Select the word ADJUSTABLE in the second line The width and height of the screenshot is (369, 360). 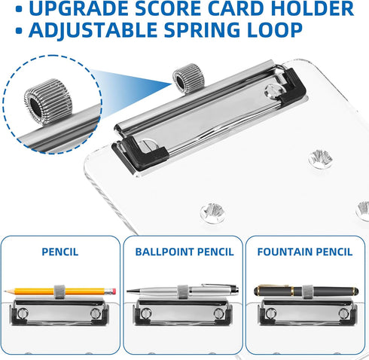[93, 30]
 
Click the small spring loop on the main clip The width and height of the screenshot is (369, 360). [188, 78]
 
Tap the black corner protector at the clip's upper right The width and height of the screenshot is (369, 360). [293, 85]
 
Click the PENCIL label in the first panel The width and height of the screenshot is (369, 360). [60, 252]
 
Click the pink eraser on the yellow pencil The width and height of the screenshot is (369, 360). [112, 291]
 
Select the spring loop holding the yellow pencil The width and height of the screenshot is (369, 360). [60, 291]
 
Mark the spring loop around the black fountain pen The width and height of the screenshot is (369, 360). [308, 291]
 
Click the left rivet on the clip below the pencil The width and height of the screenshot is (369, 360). [23, 313]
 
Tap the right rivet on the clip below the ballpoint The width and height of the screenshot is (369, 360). [219, 313]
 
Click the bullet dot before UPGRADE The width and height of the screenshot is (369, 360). [19, 9]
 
